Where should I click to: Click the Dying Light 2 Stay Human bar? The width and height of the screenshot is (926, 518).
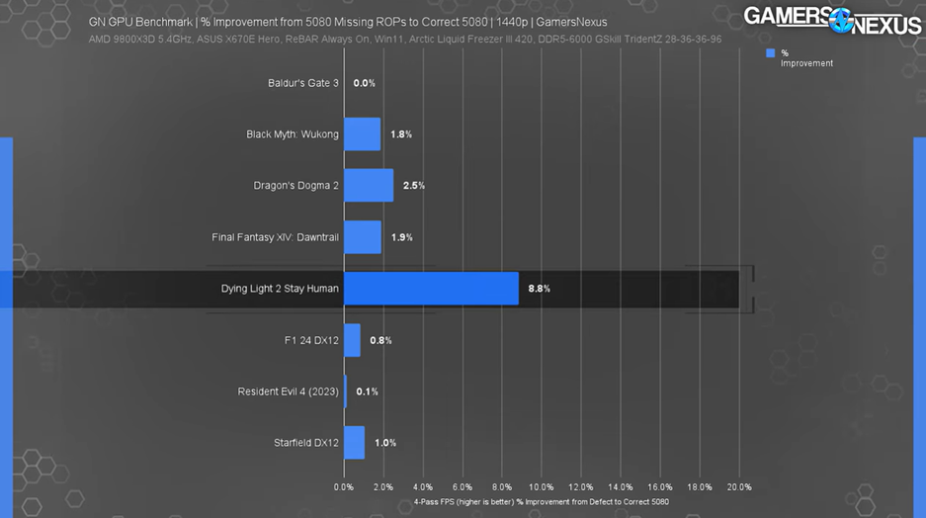click(x=431, y=289)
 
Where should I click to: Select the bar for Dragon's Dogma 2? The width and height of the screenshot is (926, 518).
click(x=369, y=185)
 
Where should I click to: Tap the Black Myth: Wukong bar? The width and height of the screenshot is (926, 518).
click(x=362, y=134)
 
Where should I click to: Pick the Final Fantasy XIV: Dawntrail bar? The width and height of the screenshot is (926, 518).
click(x=363, y=237)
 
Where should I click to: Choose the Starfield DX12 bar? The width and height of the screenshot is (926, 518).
click(x=354, y=443)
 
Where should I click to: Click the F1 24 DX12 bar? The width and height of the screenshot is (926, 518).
click(x=352, y=340)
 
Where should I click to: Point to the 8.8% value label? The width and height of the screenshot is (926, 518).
click(x=539, y=289)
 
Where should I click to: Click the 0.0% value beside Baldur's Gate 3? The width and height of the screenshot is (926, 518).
click(x=364, y=83)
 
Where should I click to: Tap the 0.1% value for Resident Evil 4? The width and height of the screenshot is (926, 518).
click(x=367, y=391)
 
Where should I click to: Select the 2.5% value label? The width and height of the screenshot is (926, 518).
click(x=413, y=186)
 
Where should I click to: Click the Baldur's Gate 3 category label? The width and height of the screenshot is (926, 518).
click(x=302, y=83)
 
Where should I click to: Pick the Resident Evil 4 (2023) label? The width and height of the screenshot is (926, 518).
click(x=288, y=391)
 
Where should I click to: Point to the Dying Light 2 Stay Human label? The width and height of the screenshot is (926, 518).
click(x=280, y=289)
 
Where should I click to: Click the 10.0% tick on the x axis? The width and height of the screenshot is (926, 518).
click(x=541, y=487)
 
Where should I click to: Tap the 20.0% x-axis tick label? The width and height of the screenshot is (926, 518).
click(x=738, y=487)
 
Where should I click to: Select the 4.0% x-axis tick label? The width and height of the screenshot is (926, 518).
click(x=422, y=487)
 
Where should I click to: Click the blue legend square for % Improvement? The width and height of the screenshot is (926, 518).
click(x=770, y=53)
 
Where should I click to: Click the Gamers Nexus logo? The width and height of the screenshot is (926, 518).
click(x=831, y=19)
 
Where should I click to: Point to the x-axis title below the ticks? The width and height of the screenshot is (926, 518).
click(x=541, y=502)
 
